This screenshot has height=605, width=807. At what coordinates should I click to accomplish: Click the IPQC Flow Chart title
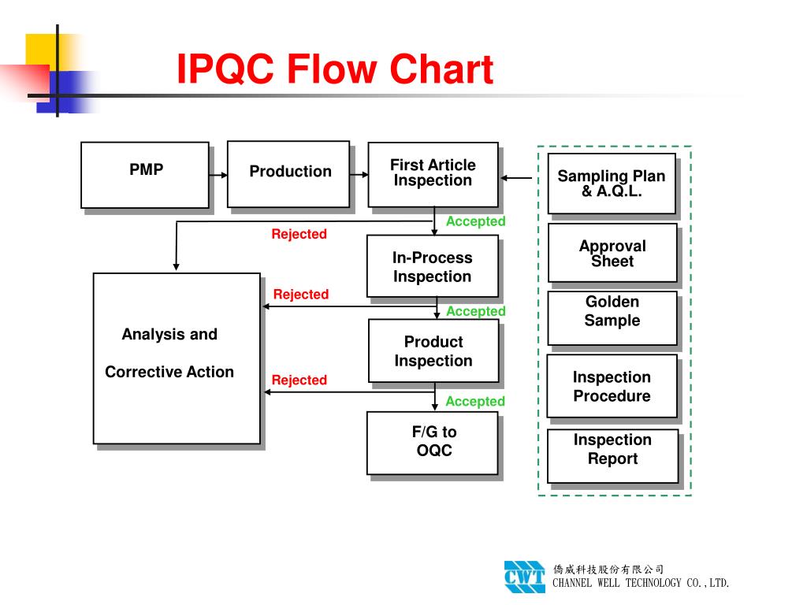(x=334, y=69)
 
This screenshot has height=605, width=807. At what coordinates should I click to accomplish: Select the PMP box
(x=145, y=175)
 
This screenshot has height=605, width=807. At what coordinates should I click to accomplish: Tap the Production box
(x=288, y=173)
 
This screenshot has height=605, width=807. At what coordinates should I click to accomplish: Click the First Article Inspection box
(x=433, y=174)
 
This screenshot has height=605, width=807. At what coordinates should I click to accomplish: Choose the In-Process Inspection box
(x=433, y=266)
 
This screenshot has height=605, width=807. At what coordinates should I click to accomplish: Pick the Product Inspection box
(x=433, y=351)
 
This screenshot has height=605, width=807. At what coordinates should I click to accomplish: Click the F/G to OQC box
(x=433, y=442)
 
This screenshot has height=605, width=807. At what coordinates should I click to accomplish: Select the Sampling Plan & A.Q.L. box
(x=612, y=184)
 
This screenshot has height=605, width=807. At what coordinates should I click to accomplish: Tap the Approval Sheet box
(x=612, y=253)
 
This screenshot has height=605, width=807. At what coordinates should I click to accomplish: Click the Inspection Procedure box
(x=612, y=386)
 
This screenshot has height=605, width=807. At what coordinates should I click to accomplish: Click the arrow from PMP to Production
(x=218, y=174)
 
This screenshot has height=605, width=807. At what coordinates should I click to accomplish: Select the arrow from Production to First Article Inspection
(x=359, y=174)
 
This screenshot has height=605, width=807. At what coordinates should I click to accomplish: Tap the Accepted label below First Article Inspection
(x=475, y=222)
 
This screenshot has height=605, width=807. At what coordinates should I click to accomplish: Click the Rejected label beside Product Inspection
(x=299, y=380)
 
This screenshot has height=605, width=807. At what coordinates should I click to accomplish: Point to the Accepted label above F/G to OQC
(x=475, y=402)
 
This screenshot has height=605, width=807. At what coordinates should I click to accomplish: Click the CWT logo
(x=524, y=576)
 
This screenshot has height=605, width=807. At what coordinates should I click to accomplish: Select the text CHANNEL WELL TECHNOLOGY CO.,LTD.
(x=642, y=584)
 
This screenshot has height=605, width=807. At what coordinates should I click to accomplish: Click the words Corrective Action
(x=169, y=373)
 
